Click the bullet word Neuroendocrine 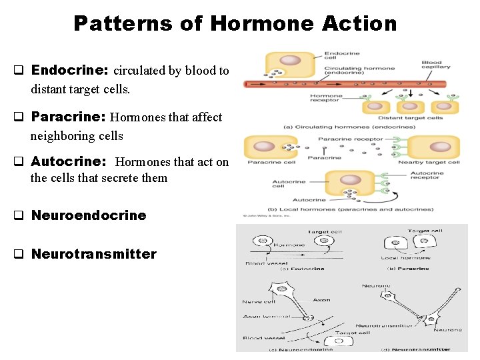point(89,215)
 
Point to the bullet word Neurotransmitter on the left point(94,254)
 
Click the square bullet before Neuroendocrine point(19,215)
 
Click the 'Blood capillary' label point(436,65)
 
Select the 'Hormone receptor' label point(326,97)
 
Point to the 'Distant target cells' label point(414,118)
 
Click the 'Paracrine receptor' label point(351,139)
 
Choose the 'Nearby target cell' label point(429,162)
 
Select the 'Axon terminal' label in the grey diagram point(261,317)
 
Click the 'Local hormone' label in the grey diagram point(406,257)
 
